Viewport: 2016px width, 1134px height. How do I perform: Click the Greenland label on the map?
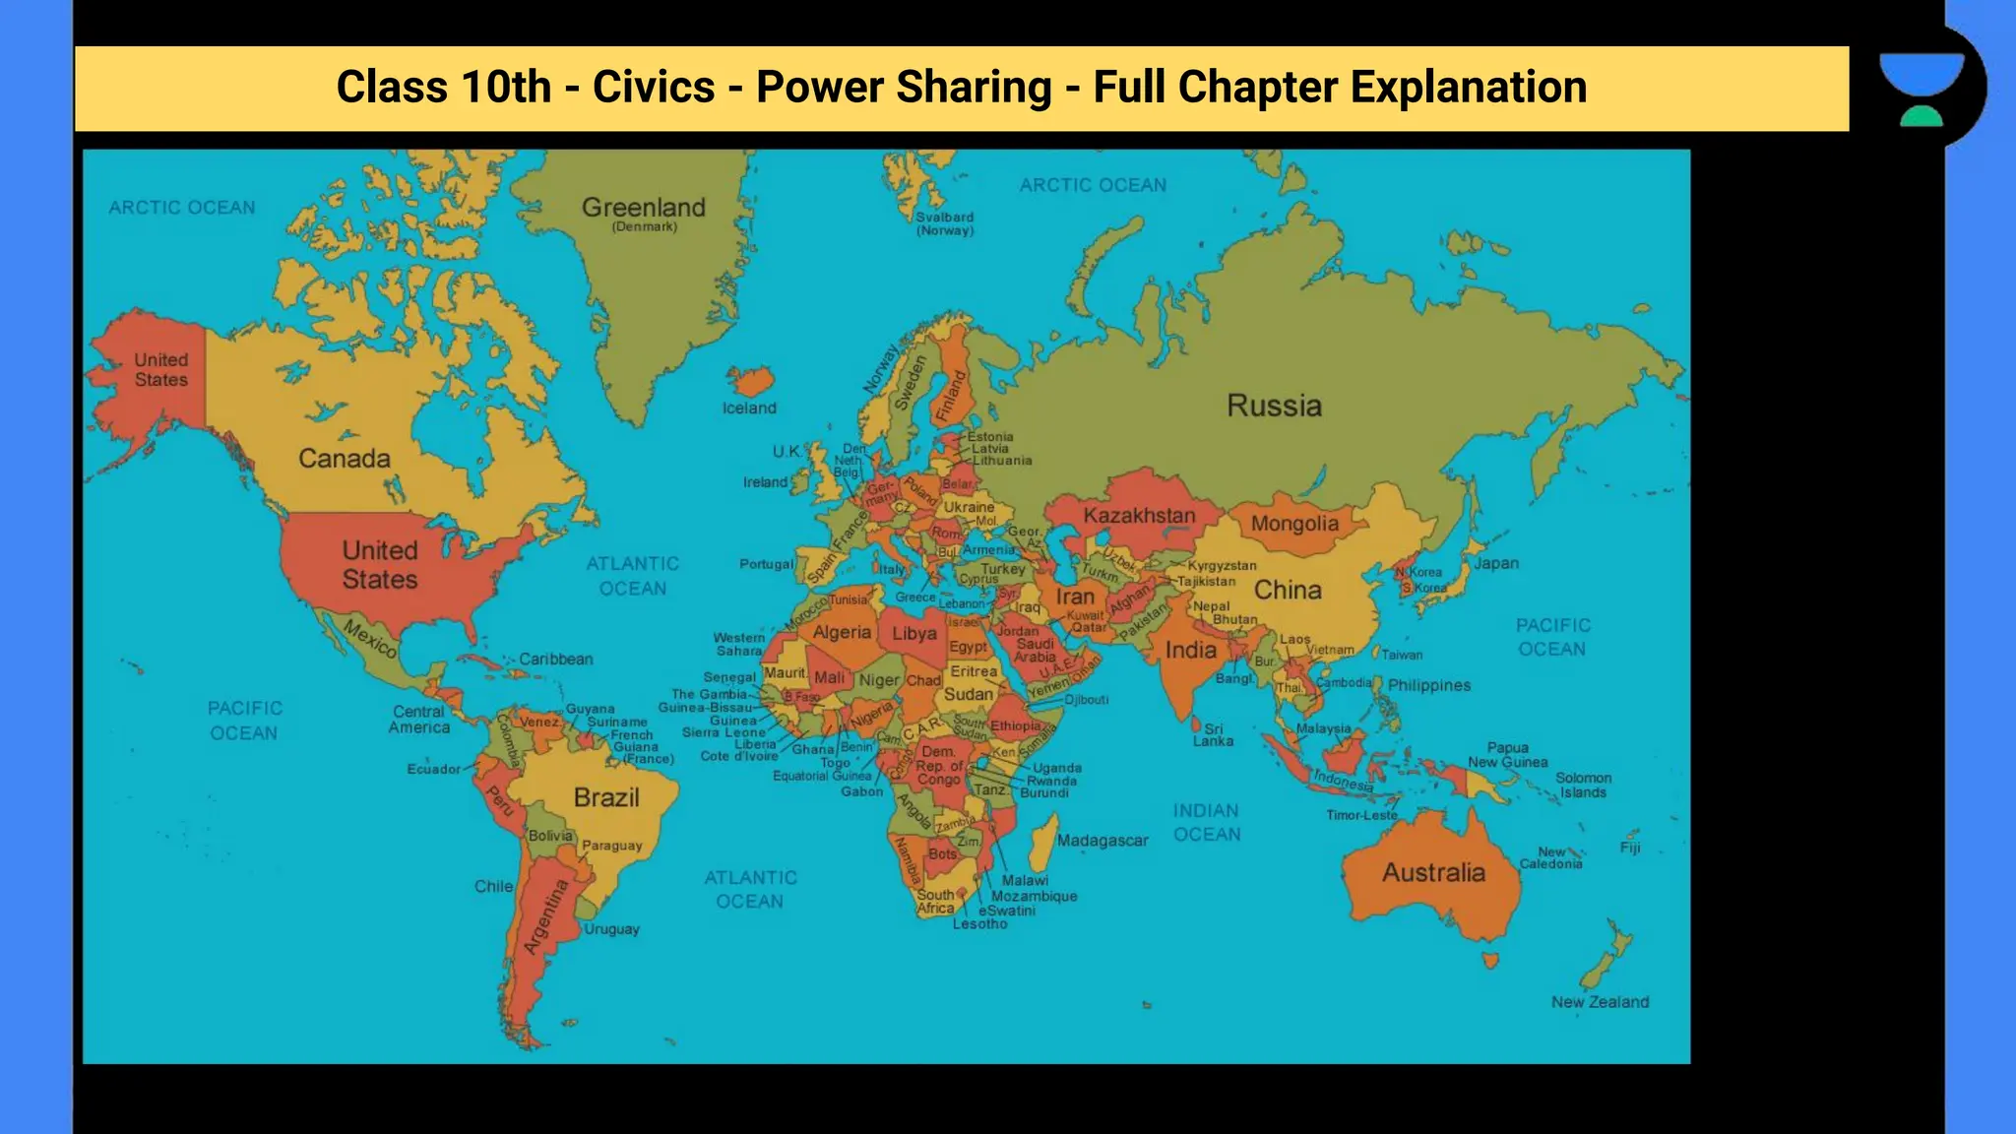click(643, 208)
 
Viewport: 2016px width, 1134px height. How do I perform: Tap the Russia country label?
click(1274, 406)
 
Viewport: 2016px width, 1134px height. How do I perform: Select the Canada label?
click(345, 459)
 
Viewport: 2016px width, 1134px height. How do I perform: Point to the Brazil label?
click(606, 797)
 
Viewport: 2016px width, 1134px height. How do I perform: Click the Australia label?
click(1433, 873)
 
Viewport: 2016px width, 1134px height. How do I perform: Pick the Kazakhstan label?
click(1139, 516)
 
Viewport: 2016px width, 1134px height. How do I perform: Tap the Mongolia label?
click(1294, 524)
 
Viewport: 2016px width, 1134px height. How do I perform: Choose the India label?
click(1191, 650)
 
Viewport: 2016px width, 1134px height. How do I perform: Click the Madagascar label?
click(1102, 841)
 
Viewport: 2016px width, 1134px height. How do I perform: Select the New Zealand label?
click(1600, 1002)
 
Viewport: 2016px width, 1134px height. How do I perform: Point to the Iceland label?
click(749, 409)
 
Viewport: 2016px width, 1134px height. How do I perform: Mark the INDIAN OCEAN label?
click(1207, 823)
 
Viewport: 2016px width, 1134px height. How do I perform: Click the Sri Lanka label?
click(1213, 735)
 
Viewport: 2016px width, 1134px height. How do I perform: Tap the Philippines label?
click(1429, 686)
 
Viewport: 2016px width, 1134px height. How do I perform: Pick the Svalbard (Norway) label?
click(945, 223)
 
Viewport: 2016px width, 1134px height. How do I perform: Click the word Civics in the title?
click(654, 87)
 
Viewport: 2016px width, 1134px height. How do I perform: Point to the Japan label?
click(1496, 564)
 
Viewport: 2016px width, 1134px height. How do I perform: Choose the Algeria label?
click(842, 633)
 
